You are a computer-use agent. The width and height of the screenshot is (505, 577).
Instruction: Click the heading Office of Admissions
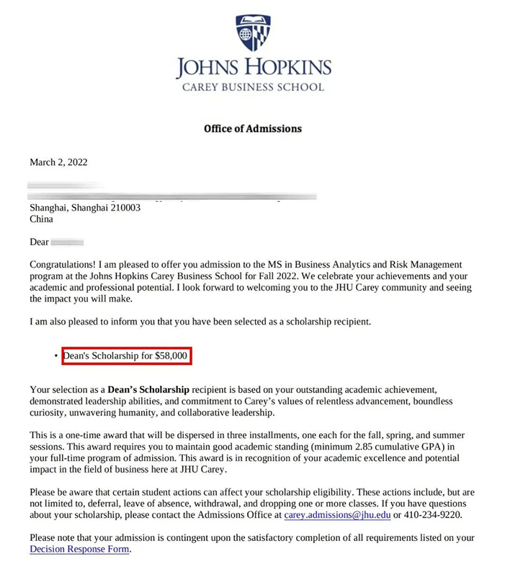coord(252,129)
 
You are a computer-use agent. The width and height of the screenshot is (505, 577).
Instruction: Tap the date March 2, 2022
coord(58,162)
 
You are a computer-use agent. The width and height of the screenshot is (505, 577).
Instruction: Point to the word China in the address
coord(41,219)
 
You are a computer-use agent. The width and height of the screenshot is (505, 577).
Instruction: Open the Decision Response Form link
coord(79,550)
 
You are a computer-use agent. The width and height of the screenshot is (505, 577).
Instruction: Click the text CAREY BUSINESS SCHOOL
coord(252,87)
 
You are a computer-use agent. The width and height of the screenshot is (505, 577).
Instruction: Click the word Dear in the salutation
coord(39,242)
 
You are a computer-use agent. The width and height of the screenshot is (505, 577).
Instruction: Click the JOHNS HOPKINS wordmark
coord(252,69)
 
